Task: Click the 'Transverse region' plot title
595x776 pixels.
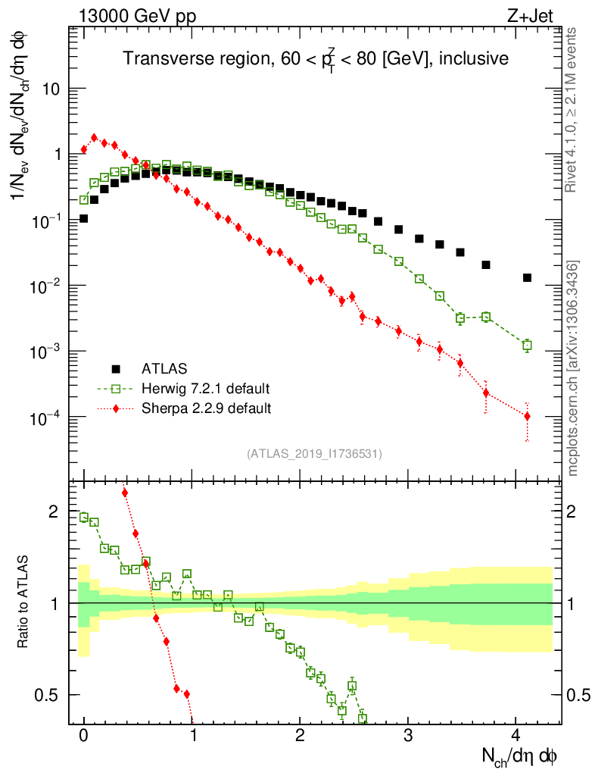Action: coord(316,58)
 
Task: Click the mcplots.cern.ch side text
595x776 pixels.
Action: coord(574,368)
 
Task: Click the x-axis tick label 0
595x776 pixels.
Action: coord(84,735)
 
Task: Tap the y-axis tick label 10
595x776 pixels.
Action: coord(55,89)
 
